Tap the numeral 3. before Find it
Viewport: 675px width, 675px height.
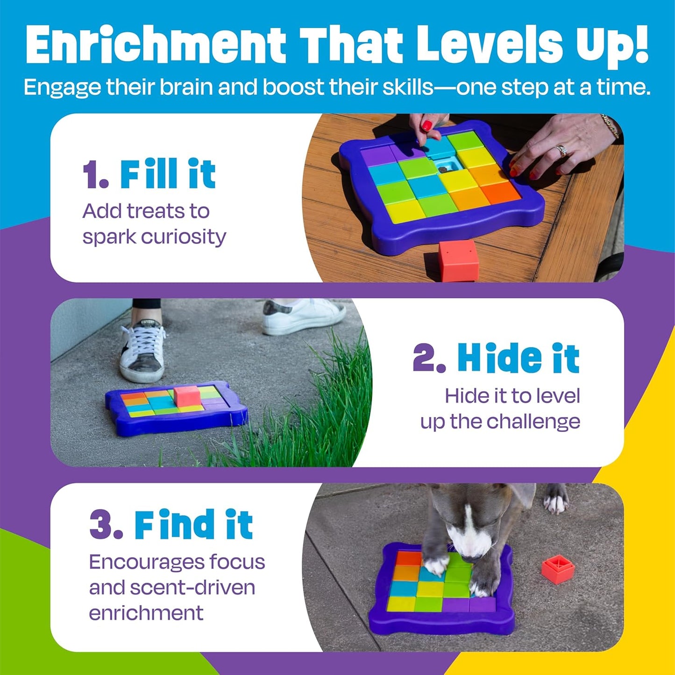click(x=106, y=525)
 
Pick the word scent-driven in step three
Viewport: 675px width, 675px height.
click(x=192, y=588)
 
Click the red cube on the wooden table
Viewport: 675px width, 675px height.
click(x=458, y=260)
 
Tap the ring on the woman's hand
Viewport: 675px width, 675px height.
click(x=561, y=151)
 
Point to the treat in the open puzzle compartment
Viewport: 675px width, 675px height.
click(x=442, y=169)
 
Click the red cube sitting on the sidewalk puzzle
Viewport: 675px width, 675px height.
click(x=187, y=396)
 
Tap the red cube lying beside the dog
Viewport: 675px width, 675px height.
click(x=557, y=569)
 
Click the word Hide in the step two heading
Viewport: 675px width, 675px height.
click(x=499, y=359)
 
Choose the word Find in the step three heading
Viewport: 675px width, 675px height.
click(x=176, y=525)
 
